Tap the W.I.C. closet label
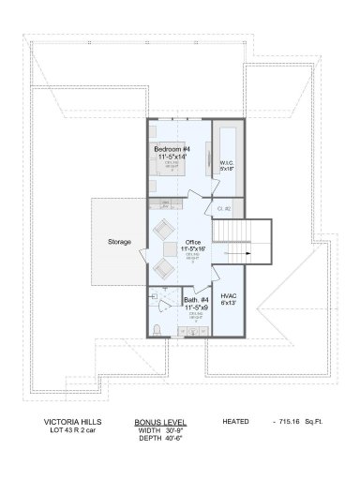coord(226,163)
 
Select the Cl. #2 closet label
coord(224,208)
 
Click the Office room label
coord(193,242)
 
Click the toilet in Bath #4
coord(157,327)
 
